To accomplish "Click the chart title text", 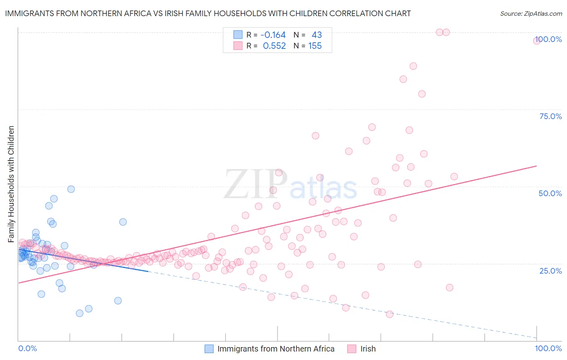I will point(208,13).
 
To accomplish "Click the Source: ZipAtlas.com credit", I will point(531,13).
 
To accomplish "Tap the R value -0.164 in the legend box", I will point(273,35).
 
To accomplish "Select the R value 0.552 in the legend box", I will point(274,46).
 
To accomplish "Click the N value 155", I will point(315,46).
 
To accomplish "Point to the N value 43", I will point(317,35).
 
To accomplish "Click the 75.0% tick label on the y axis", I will point(550,116).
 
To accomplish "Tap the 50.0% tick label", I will point(550,193).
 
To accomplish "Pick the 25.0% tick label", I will point(550,271).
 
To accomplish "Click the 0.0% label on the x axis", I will point(27,348).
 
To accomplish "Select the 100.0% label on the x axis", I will point(548,348).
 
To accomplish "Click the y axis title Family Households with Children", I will point(11,184).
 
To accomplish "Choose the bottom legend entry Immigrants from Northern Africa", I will point(276,349).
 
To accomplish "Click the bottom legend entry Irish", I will point(368,349).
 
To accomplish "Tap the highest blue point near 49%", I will point(71,189).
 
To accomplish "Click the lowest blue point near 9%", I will point(79,313).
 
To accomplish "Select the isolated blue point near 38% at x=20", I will point(123,222).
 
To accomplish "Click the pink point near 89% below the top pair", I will point(413,66).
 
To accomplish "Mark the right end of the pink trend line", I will point(536,166).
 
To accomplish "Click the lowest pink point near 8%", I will point(390,314).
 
